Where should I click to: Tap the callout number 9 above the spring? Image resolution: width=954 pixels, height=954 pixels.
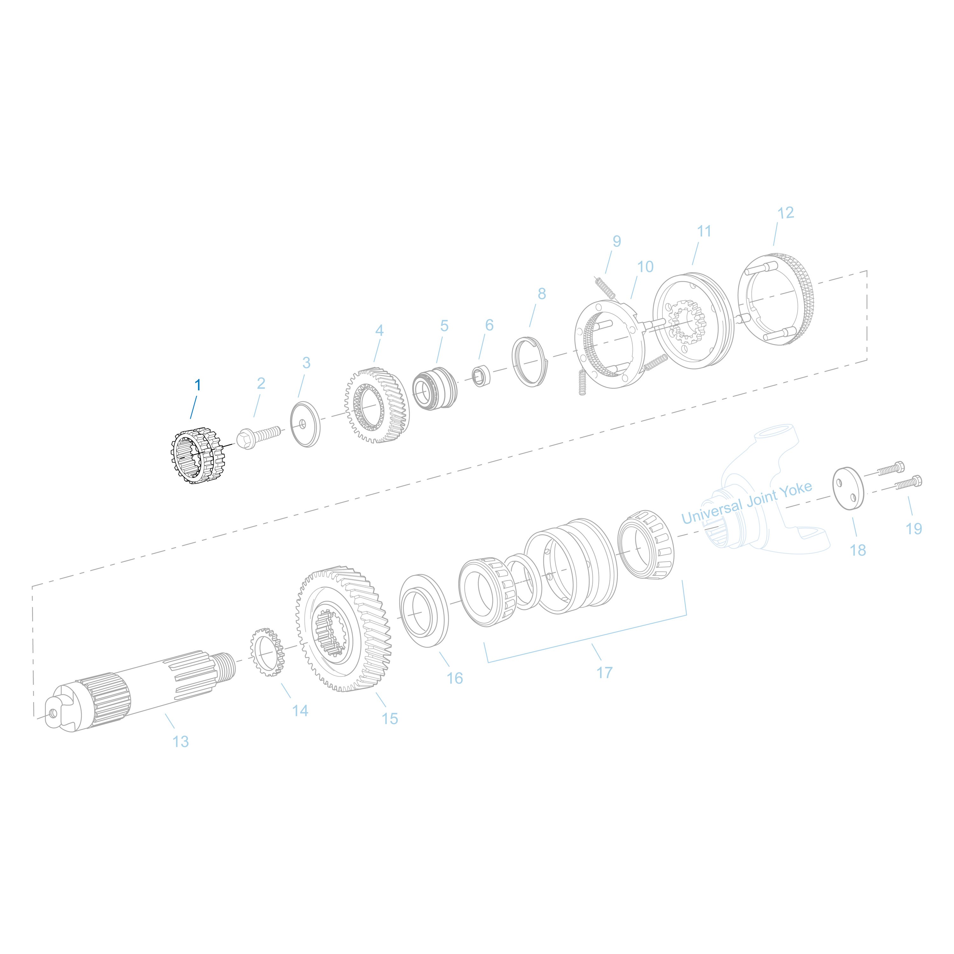(x=617, y=241)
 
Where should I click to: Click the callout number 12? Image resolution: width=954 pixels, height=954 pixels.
(x=785, y=213)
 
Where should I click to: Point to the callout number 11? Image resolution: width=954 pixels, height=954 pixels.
(x=704, y=231)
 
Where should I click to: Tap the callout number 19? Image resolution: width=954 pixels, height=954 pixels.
(x=914, y=529)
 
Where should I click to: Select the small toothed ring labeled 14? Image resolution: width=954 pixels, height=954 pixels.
(x=267, y=652)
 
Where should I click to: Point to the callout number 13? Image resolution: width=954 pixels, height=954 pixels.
(x=181, y=741)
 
